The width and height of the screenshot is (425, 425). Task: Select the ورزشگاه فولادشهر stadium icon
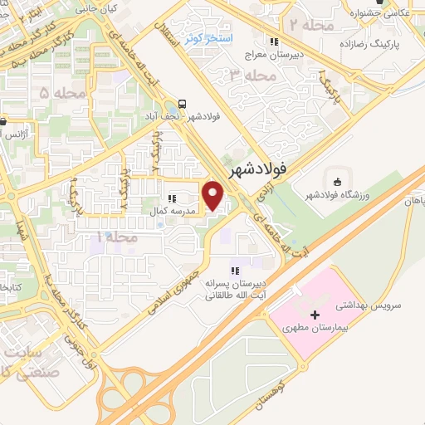(336, 183)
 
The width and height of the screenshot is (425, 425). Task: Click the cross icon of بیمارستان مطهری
(314, 315)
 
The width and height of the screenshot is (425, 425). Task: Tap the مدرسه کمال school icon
(172, 199)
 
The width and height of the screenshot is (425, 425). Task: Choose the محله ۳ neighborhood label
(248, 76)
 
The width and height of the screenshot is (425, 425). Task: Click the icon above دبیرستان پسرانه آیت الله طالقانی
(235, 270)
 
